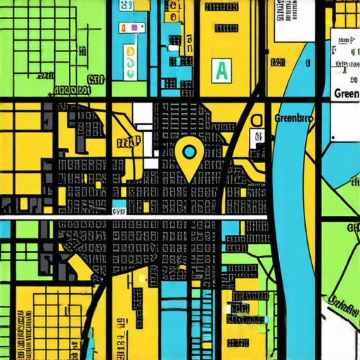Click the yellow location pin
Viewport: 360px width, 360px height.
coord(189,159)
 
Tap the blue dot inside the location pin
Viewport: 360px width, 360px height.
coord(189,150)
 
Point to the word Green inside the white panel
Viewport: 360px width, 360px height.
coord(347,94)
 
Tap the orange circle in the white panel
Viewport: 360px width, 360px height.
coord(130,52)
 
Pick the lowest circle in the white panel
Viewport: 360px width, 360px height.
coord(130,73)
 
